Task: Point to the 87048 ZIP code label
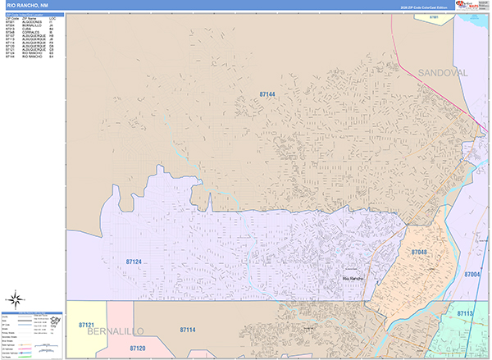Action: [418, 253]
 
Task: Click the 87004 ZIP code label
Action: [473, 274]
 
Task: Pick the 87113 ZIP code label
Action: [465, 313]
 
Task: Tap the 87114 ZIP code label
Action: [188, 329]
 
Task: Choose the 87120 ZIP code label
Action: [138, 348]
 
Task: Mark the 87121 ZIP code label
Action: [87, 326]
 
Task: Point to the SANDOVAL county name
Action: [443, 73]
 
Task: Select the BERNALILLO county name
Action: [105, 331]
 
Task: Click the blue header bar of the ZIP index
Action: [33, 14]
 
